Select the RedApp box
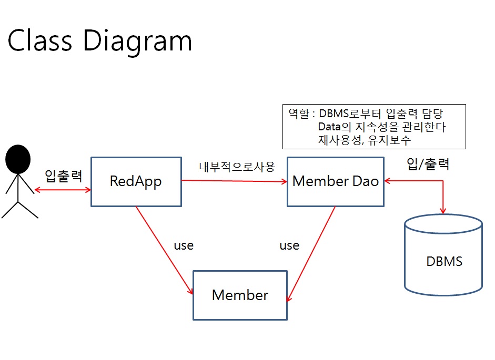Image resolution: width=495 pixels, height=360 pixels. click(136, 181)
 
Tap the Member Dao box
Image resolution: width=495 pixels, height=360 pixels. click(335, 181)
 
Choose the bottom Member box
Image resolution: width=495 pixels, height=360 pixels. click(240, 295)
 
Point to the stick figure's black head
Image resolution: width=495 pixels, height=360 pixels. click(18, 159)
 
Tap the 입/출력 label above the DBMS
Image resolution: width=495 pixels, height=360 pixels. click(428, 164)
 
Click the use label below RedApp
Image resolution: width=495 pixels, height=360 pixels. click(184, 245)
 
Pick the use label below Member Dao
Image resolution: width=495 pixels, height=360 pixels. click(289, 245)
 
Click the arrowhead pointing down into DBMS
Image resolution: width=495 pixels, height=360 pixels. click(443, 210)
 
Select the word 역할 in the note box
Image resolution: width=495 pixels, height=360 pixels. click(298, 113)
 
